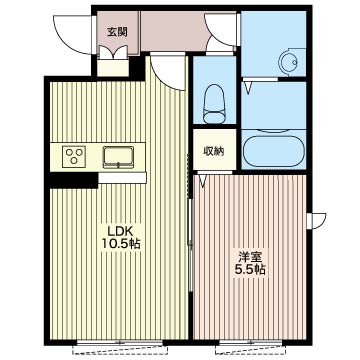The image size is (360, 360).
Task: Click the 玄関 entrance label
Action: tap(117, 32)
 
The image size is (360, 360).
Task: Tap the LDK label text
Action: tap(120, 230)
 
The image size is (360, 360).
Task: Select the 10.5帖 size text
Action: tap(120, 244)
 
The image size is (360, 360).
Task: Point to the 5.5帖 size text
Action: tap(250, 269)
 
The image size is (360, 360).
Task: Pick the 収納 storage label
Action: tap(214, 151)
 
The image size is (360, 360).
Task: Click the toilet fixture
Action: tap(214, 103)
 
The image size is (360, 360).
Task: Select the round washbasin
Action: tap(289, 62)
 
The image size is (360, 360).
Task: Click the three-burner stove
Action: tap(74, 156)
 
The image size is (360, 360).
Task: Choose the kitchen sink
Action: tap(118, 157)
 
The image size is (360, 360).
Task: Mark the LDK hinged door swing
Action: tap(168, 71)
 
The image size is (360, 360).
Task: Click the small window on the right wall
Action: tap(316, 221)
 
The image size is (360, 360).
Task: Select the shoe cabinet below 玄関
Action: tap(113, 68)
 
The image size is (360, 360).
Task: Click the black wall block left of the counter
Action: tap(74, 180)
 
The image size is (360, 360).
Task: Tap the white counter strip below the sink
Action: tap(122, 178)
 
